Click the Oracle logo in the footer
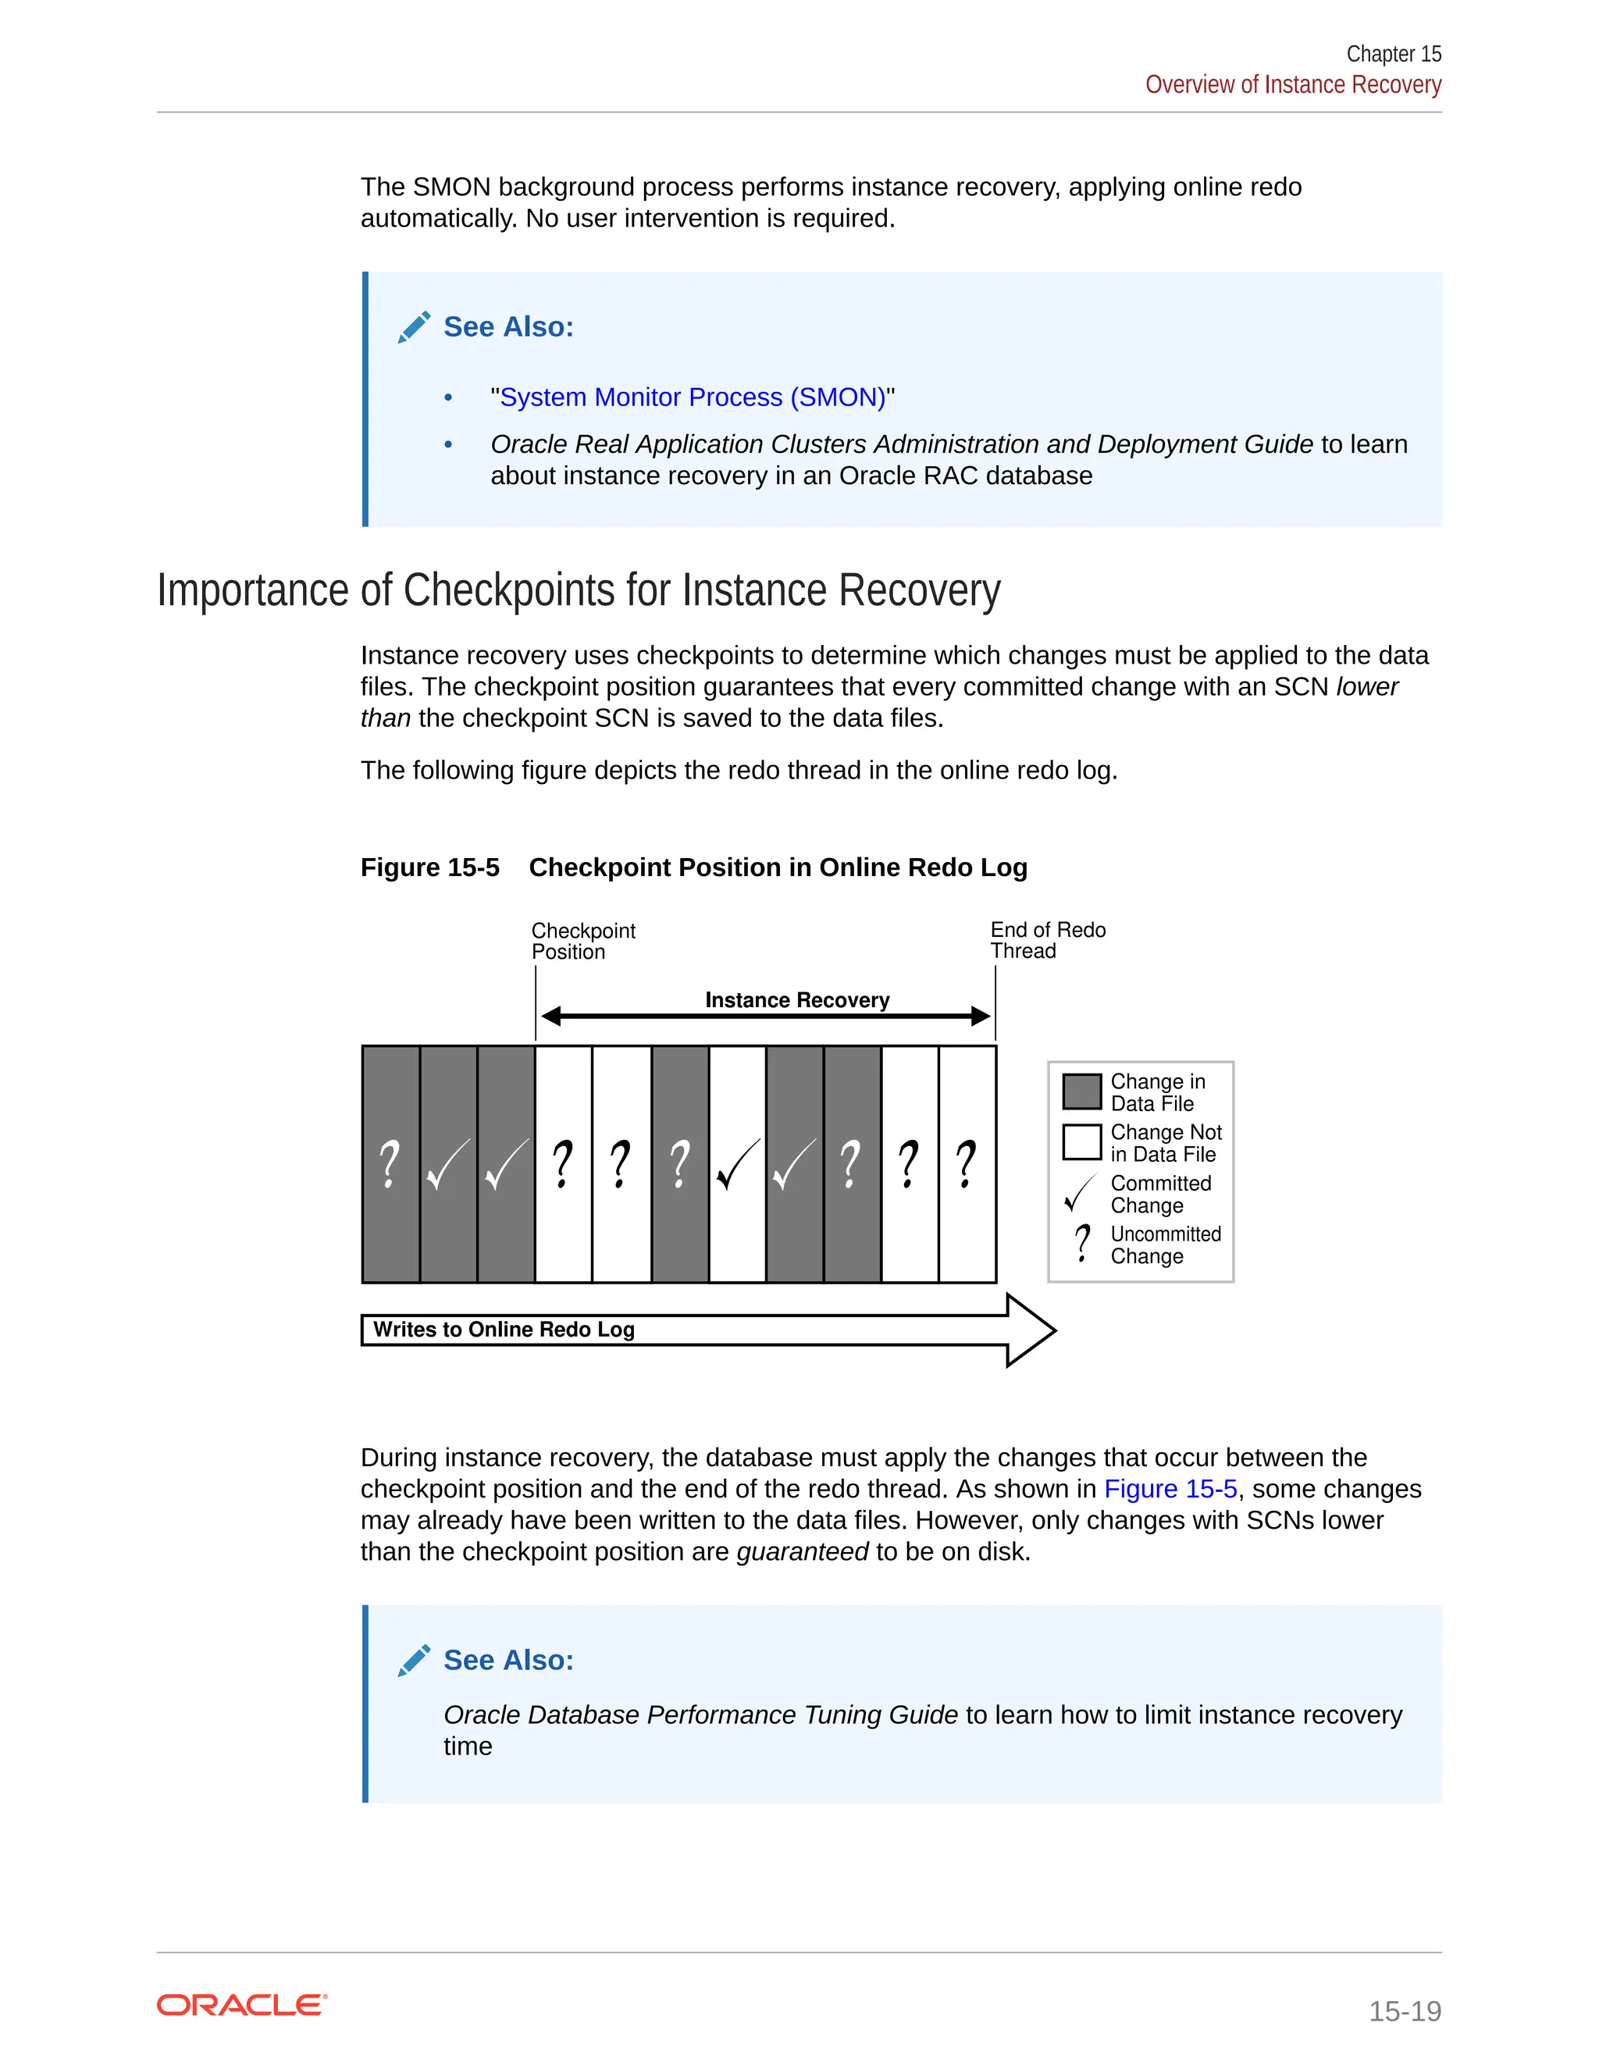tap(241, 2006)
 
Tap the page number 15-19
tap(1404, 2010)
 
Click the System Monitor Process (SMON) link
tap(693, 397)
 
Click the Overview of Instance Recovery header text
tap(1292, 84)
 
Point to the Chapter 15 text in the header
tap(1394, 54)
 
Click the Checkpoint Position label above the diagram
tap(582, 941)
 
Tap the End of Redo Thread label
tap(1047, 940)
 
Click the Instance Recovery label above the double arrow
tap(796, 1000)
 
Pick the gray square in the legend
tap(1081, 1091)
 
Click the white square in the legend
tap(1081, 1141)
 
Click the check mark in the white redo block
tap(737, 1164)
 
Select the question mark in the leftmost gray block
tap(390, 1164)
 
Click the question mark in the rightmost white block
tap(967, 1164)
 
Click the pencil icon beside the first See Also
tap(414, 327)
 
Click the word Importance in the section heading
tap(253, 590)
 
